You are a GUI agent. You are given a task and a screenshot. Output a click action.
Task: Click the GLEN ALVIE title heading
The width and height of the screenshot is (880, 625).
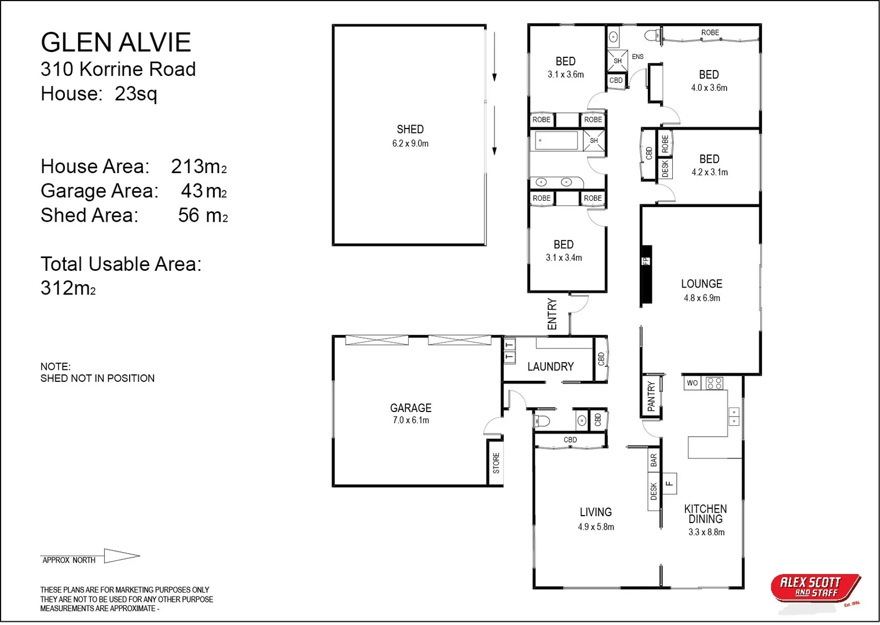tap(116, 42)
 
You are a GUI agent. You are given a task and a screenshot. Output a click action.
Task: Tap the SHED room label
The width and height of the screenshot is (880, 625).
tap(410, 130)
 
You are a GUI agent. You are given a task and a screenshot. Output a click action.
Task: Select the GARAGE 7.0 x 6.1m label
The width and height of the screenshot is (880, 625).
tap(410, 413)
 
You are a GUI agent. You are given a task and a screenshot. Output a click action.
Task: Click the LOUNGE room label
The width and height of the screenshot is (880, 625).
tap(702, 284)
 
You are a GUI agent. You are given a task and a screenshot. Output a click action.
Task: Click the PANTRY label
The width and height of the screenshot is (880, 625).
tap(651, 396)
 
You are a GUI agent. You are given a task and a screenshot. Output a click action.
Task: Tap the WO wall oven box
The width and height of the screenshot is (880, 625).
tap(692, 383)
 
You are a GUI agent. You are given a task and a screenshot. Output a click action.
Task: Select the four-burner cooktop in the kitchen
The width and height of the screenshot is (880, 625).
tap(714, 383)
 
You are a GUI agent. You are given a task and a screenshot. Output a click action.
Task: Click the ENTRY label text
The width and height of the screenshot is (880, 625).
tap(552, 314)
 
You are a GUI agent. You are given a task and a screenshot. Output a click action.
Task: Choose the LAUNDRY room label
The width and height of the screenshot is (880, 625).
tap(550, 367)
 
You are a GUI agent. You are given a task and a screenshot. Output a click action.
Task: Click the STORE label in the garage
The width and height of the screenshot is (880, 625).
tap(496, 463)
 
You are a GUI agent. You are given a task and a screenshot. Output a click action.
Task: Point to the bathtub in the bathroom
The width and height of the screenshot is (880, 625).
tap(555, 141)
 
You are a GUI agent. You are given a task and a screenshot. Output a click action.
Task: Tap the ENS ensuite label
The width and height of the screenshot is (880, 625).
tap(637, 57)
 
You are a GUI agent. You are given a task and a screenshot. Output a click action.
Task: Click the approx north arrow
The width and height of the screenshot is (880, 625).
tap(122, 556)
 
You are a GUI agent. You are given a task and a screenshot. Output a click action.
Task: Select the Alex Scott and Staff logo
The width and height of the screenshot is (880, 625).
tap(815, 588)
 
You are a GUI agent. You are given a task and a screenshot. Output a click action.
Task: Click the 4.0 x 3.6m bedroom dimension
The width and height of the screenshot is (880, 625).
tap(709, 88)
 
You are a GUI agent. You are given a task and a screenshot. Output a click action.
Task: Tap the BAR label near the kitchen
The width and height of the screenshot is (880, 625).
tap(654, 461)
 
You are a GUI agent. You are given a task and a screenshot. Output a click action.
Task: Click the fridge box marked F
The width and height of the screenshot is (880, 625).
tap(669, 483)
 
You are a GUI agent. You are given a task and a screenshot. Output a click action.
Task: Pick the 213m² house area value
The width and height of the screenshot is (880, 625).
tap(198, 167)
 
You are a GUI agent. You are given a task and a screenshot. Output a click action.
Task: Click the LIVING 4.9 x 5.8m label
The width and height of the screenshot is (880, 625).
tap(596, 519)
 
